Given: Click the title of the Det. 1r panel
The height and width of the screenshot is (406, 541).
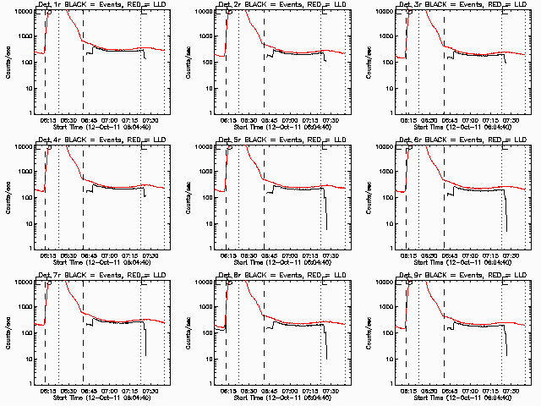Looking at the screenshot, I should pyautogui.click(x=97, y=6).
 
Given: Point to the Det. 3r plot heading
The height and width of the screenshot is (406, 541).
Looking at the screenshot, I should pyautogui.click(x=458, y=6).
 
